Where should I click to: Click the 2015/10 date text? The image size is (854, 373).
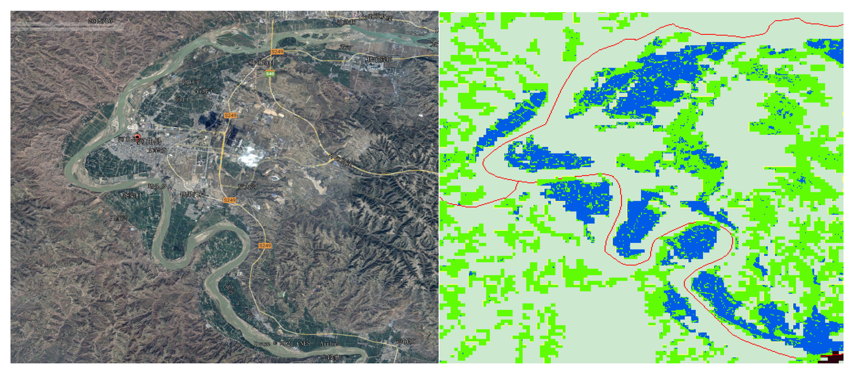tap(100, 21)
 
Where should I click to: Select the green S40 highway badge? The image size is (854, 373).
tap(270, 74)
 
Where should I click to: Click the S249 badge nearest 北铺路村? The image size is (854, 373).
tap(277, 52)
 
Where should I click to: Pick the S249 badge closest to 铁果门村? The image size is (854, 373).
tap(229, 200)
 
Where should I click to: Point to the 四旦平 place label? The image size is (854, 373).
tap(191, 82)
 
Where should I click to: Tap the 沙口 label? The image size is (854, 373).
tap(182, 99)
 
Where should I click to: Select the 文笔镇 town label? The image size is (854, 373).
tap(156, 150)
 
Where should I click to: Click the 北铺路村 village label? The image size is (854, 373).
tap(262, 62)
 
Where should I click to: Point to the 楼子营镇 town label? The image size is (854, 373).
tap(380, 59)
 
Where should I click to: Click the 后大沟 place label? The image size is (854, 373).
tap(247, 186)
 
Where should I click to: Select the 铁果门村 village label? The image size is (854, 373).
tap(192, 195)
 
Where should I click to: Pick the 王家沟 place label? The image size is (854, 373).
tap(119, 218)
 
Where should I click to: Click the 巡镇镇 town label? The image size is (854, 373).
tap(405, 341)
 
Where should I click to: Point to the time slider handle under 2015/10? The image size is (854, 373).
tap(96, 28)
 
